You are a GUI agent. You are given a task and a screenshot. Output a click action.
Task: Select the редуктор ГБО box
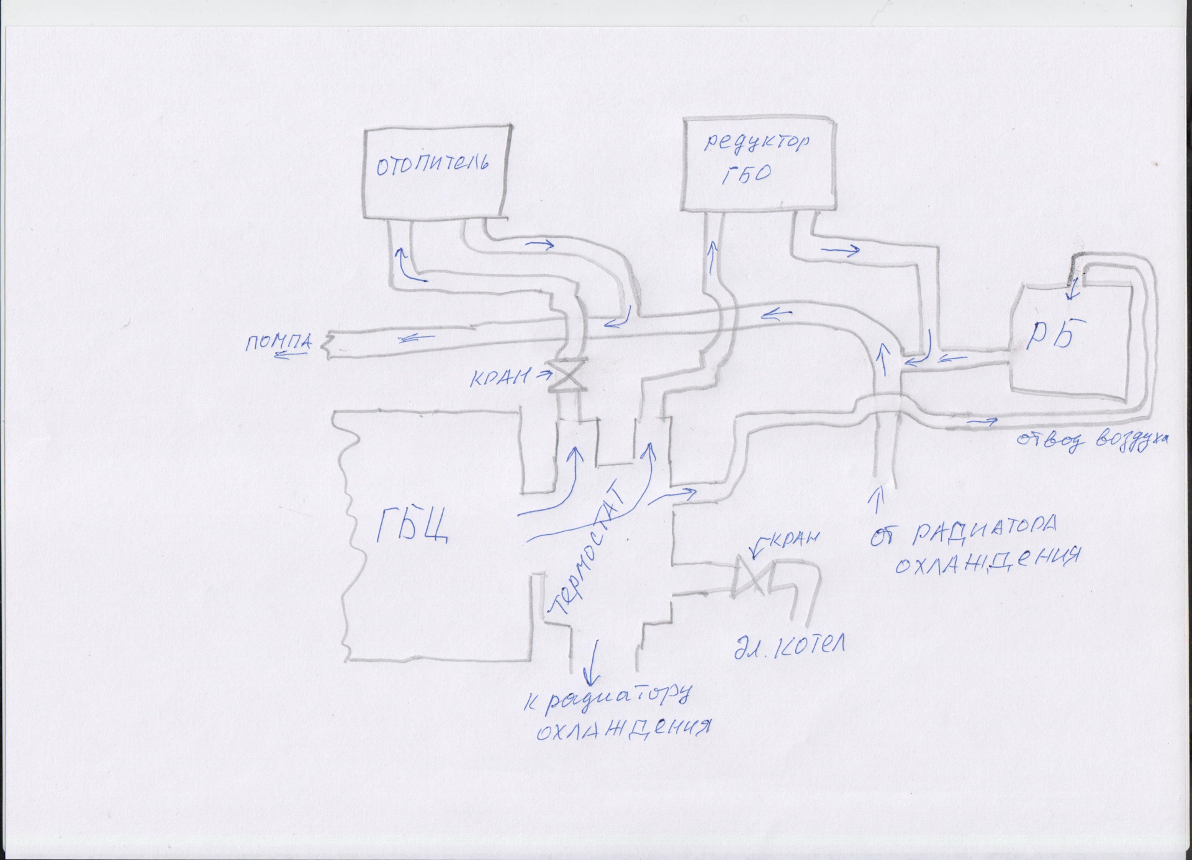click(759, 164)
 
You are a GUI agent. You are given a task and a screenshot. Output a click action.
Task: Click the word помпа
click(279, 342)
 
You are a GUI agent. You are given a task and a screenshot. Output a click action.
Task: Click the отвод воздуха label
click(1091, 440)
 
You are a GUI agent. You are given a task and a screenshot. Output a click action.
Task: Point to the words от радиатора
click(962, 531)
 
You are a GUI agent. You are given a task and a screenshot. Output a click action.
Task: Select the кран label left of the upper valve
click(500, 377)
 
